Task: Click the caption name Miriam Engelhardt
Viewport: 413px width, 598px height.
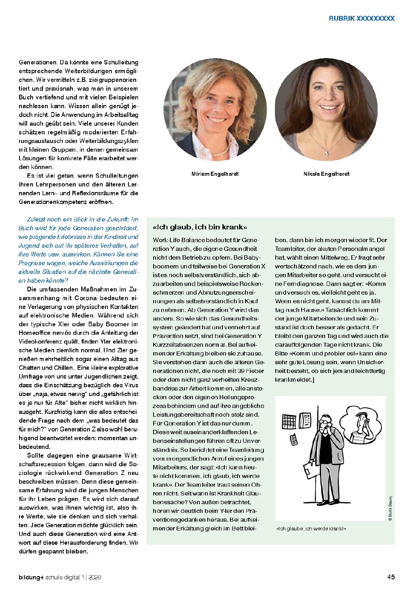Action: (215, 174)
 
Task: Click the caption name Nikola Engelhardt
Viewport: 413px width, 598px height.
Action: (326, 174)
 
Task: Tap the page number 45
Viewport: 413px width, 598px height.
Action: (391, 577)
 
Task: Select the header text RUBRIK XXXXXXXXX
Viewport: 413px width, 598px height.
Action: (361, 18)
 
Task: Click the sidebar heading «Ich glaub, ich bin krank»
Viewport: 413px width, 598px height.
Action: (200, 227)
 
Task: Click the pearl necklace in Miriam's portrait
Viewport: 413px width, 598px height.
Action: (217, 151)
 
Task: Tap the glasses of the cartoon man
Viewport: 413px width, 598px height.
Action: (326, 422)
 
